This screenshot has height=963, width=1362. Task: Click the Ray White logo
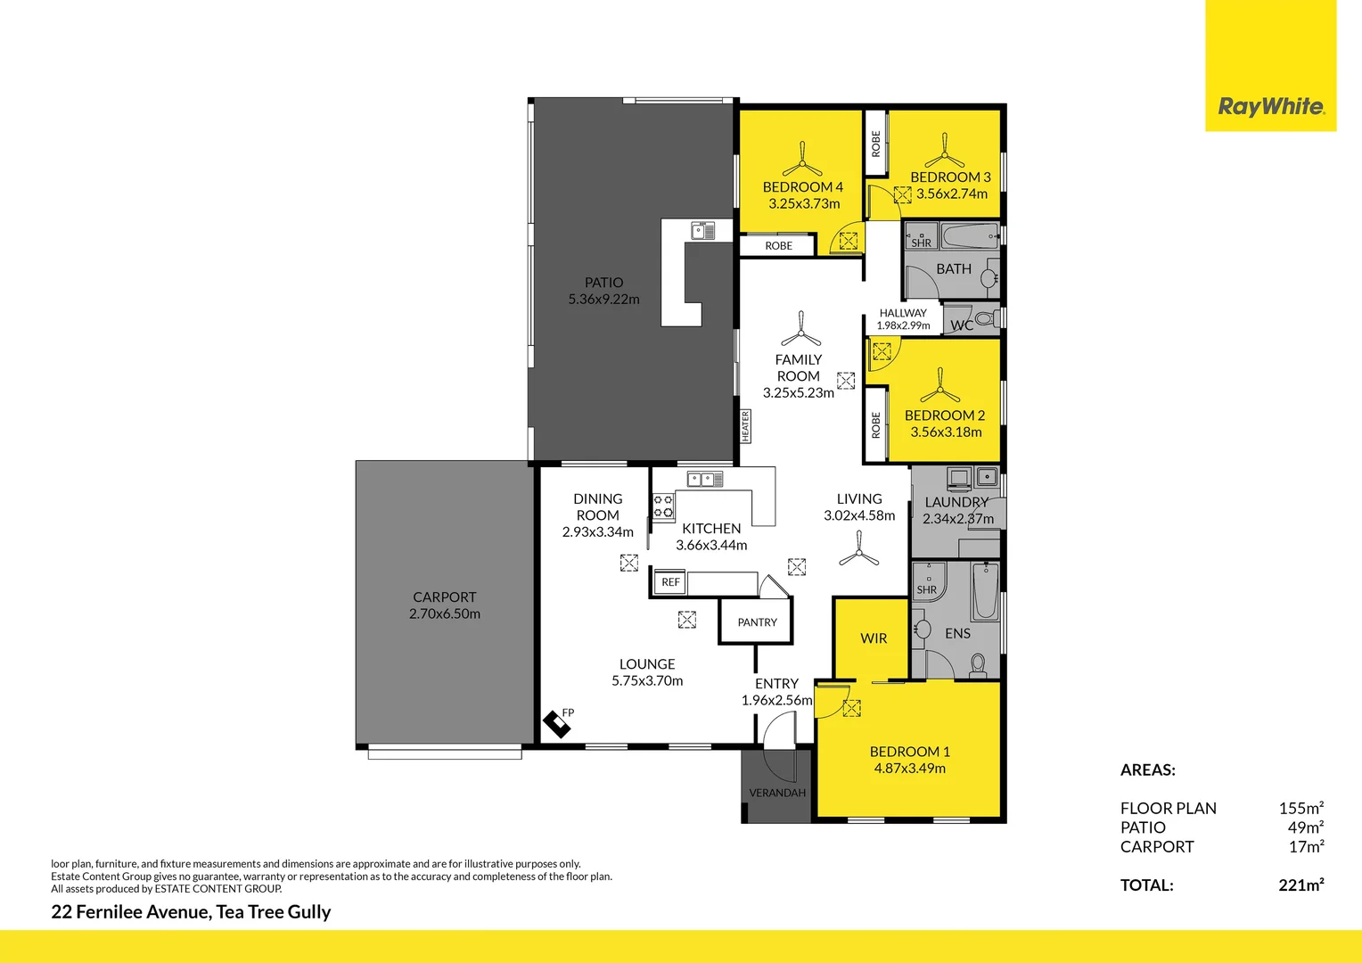click(1270, 106)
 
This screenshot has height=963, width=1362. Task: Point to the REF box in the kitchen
click(670, 582)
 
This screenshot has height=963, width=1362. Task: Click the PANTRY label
click(757, 622)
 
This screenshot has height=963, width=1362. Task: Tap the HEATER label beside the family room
click(745, 426)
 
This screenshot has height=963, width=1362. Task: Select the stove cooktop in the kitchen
click(663, 506)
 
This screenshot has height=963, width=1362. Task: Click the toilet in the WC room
click(983, 318)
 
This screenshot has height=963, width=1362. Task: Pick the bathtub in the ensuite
click(985, 590)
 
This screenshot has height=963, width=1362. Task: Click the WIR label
click(874, 638)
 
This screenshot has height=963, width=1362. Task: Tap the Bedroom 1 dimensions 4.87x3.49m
click(909, 769)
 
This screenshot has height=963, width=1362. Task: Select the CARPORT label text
click(444, 597)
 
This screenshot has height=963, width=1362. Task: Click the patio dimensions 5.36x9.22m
click(603, 300)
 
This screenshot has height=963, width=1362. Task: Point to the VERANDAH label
click(776, 793)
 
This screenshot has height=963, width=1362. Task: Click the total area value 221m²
click(1300, 885)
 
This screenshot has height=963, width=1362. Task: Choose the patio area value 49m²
click(1305, 827)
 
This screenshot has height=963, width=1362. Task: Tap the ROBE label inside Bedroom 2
click(875, 425)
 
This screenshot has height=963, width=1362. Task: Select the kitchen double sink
click(704, 480)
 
